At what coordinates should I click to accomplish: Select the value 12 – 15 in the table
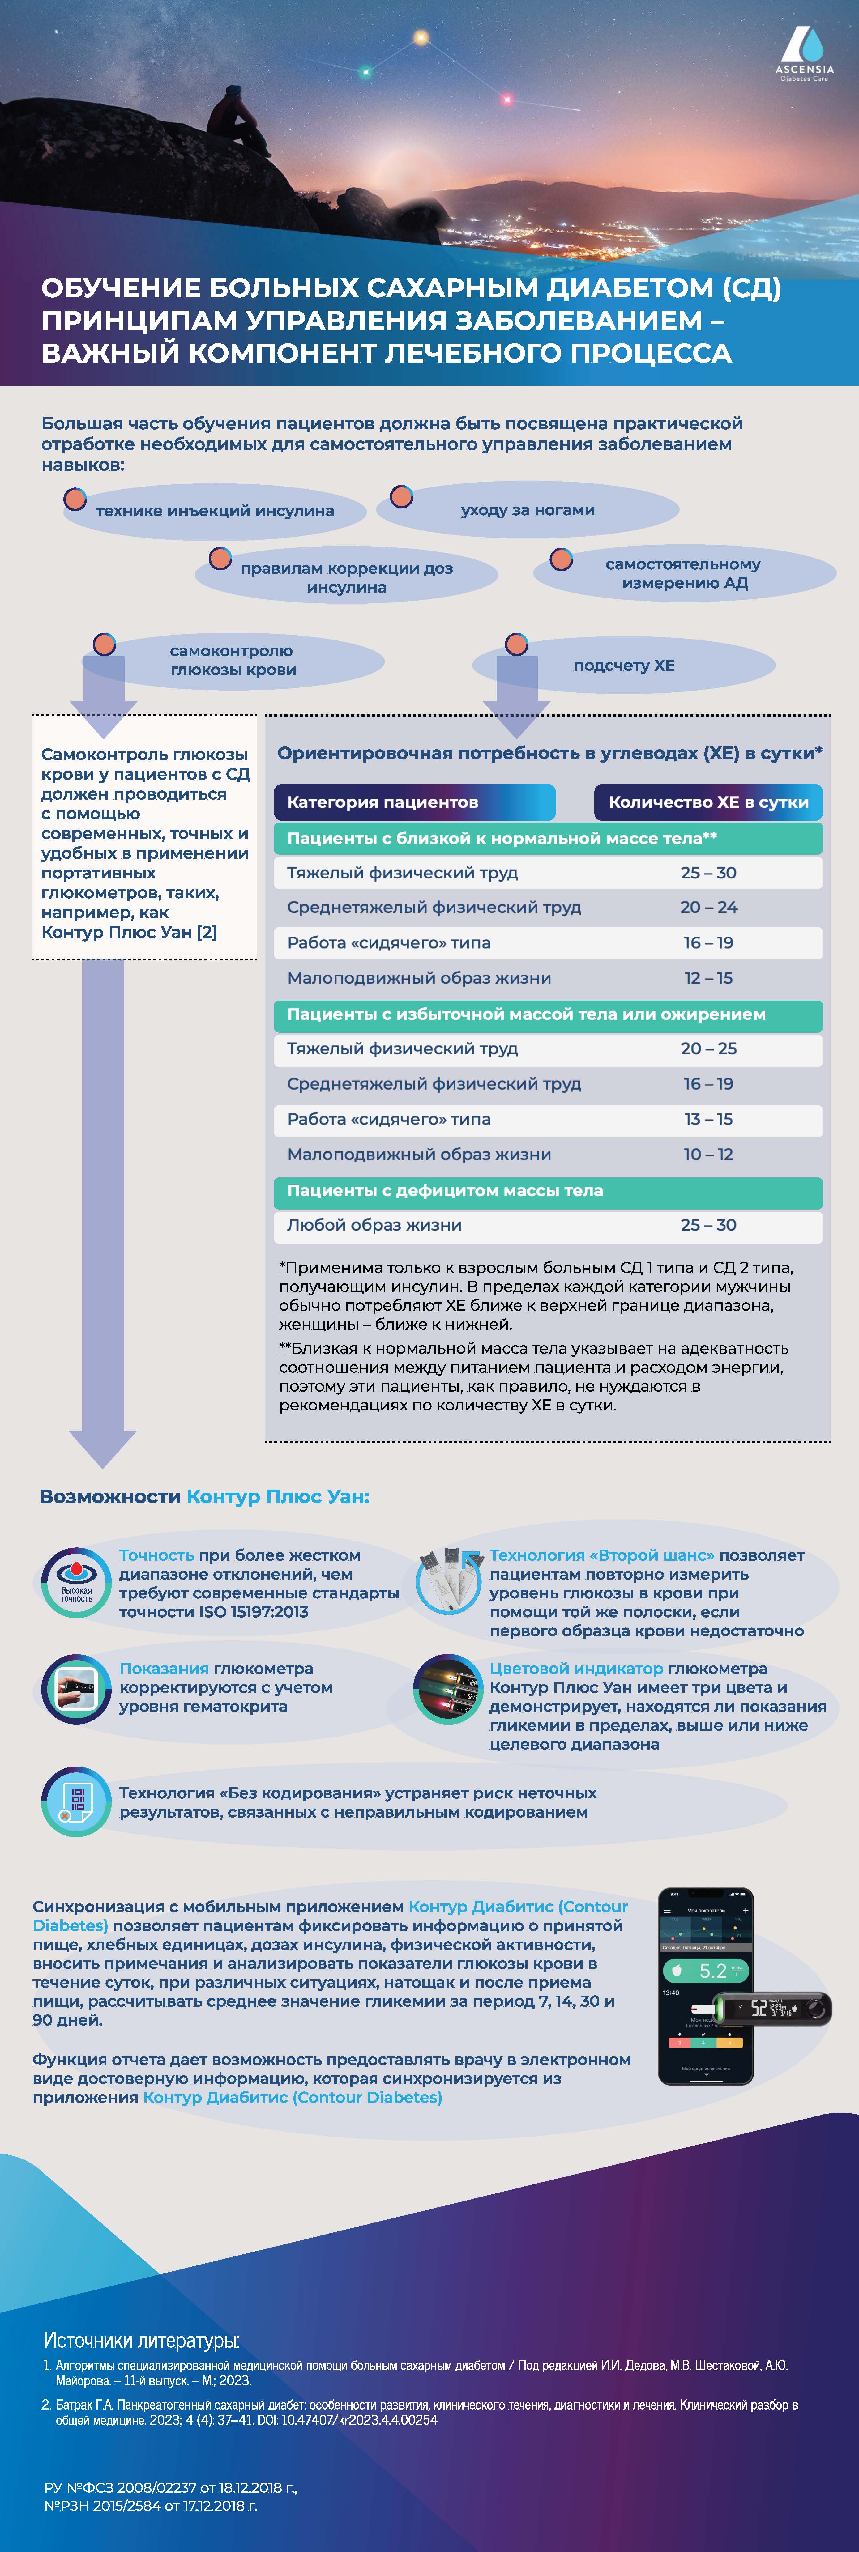point(708,978)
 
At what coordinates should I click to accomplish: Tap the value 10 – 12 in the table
point(708,1154)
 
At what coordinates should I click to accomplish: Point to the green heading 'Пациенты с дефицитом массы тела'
point(445,1191)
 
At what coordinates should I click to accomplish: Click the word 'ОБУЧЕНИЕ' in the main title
point(122,288)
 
